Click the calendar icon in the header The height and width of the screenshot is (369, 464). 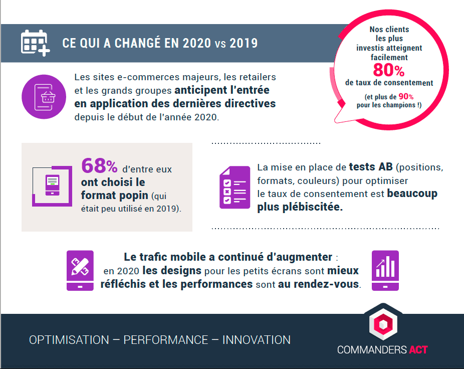(35, 43)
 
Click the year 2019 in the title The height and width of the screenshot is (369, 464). (244, 43)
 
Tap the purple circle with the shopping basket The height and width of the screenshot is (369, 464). (44, 97)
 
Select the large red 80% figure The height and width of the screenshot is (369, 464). (388, 70)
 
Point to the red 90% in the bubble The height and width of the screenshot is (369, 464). (406, 97)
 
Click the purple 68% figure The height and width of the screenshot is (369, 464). (99, 165)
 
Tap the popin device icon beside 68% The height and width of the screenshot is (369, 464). (52, 186)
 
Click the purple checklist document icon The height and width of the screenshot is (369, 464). (235, 187)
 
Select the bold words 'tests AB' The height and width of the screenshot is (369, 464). (371, 167)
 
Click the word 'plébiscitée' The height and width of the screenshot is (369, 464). (313, 207)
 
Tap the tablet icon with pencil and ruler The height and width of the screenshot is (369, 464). (80, 270)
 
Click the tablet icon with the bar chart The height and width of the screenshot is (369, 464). (385, 270)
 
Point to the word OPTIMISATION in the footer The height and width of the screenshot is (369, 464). (69, 340)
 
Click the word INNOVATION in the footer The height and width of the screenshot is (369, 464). (256, 340)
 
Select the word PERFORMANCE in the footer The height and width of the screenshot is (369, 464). (166, 340)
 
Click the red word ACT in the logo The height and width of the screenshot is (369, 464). (418, 350)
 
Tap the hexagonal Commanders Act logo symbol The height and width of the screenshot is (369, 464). (383, 322)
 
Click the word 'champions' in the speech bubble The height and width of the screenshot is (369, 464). (401, 105)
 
